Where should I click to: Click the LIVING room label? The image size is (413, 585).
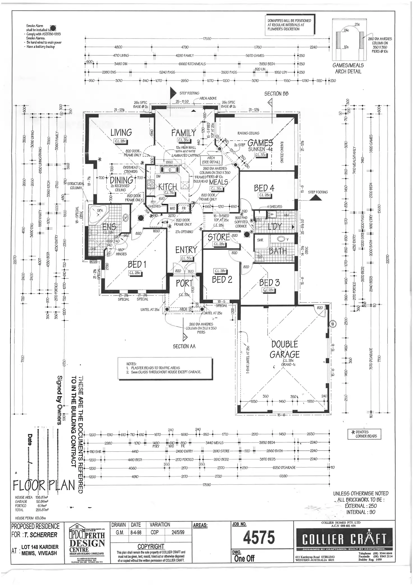pyautogui.click(x=121, y=133)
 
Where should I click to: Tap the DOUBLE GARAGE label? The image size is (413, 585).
pyautogui.click(x=284, y=349)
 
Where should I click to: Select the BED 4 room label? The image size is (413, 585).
pyautogui.click(x=264, y=188)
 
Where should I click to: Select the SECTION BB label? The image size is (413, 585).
pyautogui.click(x=276, y=94)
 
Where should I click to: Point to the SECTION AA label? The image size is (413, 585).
pyautogui.click(x=184, y=347)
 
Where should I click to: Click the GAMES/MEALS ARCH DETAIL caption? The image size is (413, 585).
pyautogui.click(x=348, y=68)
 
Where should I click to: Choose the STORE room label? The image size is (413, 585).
pyautogui.click(x=219, y=237)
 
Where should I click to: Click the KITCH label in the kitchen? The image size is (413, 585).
pyautogui.click(x=168, y=186)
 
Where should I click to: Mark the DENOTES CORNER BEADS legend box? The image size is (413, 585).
pyautogui.click(x=364, y=434)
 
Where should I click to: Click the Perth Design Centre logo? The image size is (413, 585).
pyautogui.click(x=87, y=543)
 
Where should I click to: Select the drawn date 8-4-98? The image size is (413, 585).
pyautogui.click(x=136, y=532)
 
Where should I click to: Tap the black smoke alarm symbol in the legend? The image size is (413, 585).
pyautogui.click(x=52, y=27)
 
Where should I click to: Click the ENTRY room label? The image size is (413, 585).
pyautogui.click(x=186, y=249)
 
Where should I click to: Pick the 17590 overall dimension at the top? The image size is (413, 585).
pyautogui.click(x=207, y=39)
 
